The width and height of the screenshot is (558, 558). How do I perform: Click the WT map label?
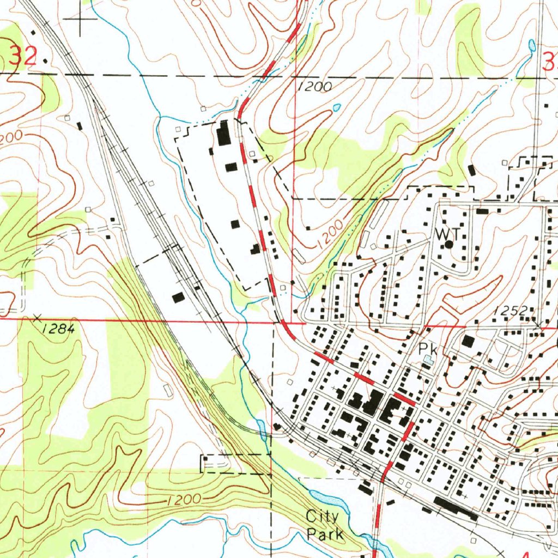[x=447, y=233]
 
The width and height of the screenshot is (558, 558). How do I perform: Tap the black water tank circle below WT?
[x=448, y=245]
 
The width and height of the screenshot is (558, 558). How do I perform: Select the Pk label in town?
[x=426, y=348]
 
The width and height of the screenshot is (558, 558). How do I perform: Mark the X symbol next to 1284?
[x=38, y=317]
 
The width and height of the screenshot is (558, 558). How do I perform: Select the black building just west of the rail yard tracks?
[x=178, y=298]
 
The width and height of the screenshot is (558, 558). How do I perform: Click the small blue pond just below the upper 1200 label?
[x=336, y=107]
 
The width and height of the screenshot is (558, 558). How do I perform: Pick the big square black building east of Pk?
[x=468, y=342]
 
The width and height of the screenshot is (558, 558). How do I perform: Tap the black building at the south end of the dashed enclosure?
[x=255, y=250]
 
